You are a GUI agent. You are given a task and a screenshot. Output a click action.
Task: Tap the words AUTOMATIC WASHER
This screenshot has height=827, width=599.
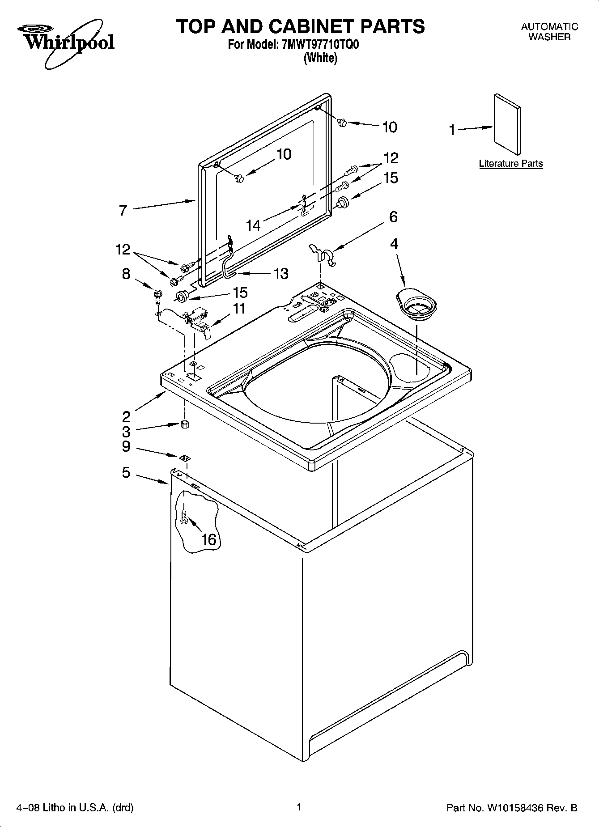click(549, 32)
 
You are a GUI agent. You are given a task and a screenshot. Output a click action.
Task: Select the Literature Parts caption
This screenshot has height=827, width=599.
click(510, 164)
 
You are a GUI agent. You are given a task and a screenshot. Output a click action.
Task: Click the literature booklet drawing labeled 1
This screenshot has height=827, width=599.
click(507, 125)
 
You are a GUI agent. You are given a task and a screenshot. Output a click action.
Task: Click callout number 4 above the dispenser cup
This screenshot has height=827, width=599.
click(394, 244)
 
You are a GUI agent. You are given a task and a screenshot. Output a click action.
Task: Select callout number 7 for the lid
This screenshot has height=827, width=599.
click(123, 210)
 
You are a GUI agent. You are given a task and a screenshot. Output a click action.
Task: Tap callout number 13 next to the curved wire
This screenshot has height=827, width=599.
click(280, 273)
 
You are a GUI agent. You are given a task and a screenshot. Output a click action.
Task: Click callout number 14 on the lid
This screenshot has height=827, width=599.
click(253, 225)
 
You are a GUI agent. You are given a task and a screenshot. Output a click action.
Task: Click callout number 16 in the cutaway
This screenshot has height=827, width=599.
click(208, 539)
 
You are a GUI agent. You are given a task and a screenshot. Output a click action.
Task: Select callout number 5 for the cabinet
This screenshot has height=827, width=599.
click(126, 472)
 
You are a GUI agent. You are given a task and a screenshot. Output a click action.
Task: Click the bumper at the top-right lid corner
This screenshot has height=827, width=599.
click(343, 122)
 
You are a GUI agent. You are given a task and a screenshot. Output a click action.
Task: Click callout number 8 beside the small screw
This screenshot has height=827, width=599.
click(126, 274)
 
